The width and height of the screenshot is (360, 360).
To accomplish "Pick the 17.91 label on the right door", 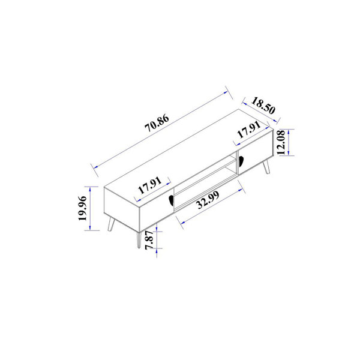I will (x=248, y=132).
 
